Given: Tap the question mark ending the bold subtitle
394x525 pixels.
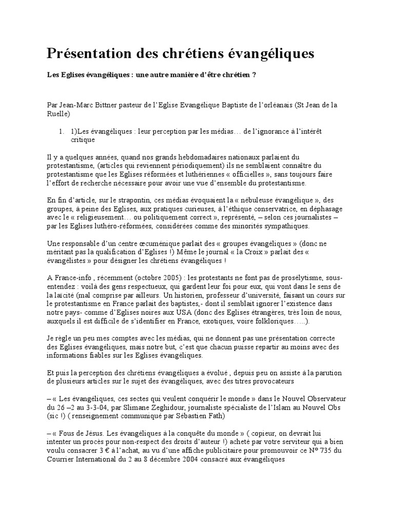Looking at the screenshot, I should point(254,75).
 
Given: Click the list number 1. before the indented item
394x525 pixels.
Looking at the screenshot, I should point(63,132).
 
